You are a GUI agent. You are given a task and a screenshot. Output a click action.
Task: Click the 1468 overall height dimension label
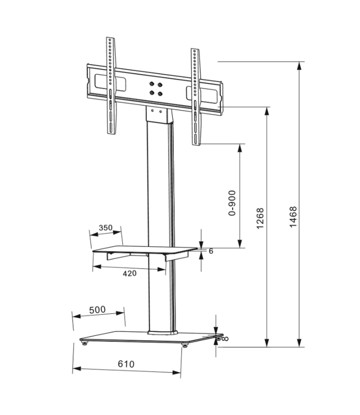click(294, 219)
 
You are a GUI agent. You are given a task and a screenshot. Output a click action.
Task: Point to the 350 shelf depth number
click(106, 227)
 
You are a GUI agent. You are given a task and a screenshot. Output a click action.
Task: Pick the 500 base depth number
click(97, 310)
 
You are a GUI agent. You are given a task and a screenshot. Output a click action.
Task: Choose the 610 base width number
click(126, 364)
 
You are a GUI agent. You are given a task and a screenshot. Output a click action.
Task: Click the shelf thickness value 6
click(211, 251)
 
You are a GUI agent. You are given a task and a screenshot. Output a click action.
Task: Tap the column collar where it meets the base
click(161, 331)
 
